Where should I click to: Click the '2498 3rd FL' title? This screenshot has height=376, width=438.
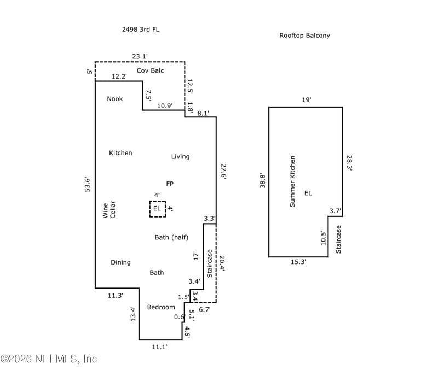pos(141,30)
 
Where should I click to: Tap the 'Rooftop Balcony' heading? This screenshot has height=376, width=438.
pos(304,36)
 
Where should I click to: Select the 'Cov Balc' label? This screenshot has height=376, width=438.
pos(150,70)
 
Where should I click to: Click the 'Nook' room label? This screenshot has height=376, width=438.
pos(115,99)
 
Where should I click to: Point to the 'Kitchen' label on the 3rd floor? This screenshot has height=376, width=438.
pos(120,153)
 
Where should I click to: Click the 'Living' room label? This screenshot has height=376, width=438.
pos(180,157)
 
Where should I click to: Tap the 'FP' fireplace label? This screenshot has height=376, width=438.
pos(170,184)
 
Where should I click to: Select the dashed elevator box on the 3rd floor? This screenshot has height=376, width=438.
pos(158,209)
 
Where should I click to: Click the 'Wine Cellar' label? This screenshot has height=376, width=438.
pos(109,210)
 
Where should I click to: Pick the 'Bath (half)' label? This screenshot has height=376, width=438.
pos(171,237)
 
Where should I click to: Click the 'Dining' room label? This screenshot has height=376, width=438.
pos(120,262)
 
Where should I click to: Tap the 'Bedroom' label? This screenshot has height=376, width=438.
pos(161,308)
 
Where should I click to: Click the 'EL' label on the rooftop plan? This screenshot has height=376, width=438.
pos(308,193)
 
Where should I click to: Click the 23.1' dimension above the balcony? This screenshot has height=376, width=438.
pos(140,56)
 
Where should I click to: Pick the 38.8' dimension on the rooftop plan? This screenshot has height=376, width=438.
pos(263,181)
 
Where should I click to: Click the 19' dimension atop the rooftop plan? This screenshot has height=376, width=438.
pos(307,100)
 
